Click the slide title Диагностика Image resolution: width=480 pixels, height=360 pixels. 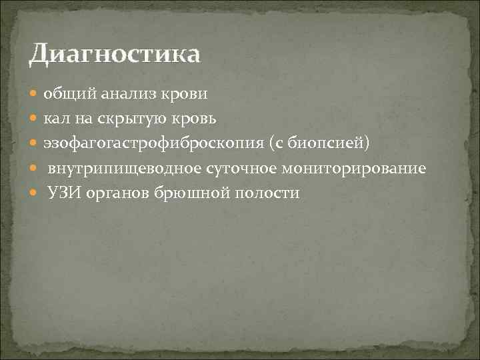click(114, 53)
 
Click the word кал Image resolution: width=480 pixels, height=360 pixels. click(56, 119)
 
